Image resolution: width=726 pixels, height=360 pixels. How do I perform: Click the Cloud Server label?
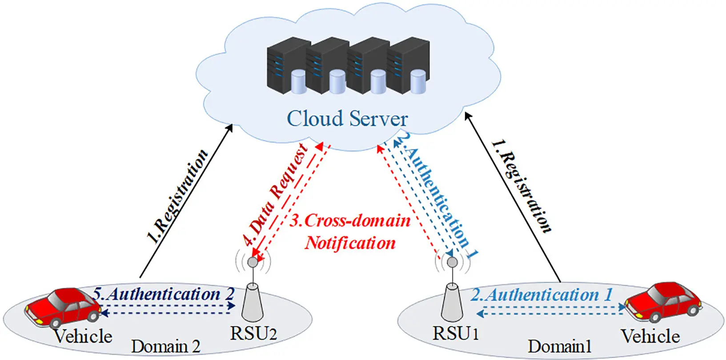pyautogui.click(x=347, y=119)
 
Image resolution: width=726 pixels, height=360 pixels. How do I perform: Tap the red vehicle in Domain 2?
pyautogui.click(x=63, y=307)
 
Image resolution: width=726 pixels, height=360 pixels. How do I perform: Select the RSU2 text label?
pyautogui.click(x=253, y=333)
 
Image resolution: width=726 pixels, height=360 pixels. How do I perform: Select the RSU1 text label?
pyautogui.click(x=456, y=333)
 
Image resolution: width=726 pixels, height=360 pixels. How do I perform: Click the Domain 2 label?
pyautogui.click(x=165, y=347)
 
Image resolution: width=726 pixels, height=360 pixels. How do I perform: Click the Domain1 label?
pyautogui.click(x=560, y=347)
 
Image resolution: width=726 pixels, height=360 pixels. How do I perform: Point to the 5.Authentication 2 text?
pyautogui.click(x=164, y=294)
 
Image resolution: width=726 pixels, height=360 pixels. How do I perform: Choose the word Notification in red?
pyautogui.click(x=350, y=243)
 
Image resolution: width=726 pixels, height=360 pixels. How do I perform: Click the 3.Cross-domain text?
pyautogui.click(x=350, y=220)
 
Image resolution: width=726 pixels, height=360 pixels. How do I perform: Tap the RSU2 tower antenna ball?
pyautogui.click(x=253, y=262)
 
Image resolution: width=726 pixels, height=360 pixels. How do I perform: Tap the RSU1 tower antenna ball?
pyautogui.click(x=452, y=262)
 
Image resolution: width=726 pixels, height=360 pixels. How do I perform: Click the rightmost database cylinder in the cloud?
pyautogui.click(x=418, y=82)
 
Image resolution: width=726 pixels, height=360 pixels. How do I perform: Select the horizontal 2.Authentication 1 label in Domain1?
pyautogui.click(x=541, y=295)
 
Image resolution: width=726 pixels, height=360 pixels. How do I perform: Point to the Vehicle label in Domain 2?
pyautogui.click(x=83, y=336)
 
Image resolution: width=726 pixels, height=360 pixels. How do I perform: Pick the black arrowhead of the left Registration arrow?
pyautogui.click(x=230, y=128)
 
